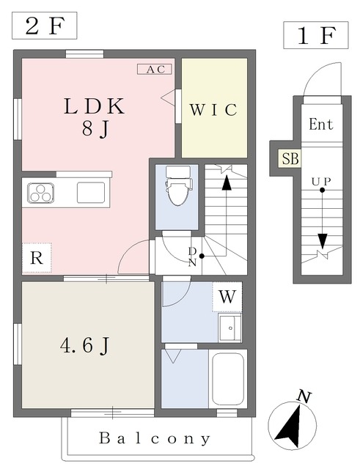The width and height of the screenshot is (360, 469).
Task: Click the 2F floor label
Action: (x=44, y=26)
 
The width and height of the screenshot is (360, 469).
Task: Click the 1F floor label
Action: (x=316, y=35)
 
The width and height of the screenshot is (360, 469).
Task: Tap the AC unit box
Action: (x=155, y=70)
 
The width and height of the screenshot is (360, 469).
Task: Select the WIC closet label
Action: (x=213, y=110)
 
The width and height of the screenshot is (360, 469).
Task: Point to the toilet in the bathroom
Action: (x=178, y=185)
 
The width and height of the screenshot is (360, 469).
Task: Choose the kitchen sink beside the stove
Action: (x=91, y=193)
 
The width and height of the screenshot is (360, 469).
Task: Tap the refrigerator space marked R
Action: (x=37, y=258)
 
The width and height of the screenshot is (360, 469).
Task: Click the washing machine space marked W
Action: (x=227, y=297)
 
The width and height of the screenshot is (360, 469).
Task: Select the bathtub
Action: (x=228, y=379)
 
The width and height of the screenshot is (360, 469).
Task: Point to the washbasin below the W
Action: (x=229, y=328)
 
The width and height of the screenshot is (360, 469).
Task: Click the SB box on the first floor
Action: (x=290, y=158)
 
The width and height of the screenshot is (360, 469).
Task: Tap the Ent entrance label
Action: (x=321, y=124)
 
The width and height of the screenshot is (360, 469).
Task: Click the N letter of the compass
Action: (x=304, y=396)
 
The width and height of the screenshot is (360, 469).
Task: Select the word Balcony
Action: (x=155, y=438)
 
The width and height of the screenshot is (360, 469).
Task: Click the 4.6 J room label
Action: (x=85, y=346)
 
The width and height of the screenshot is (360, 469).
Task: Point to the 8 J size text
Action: (x=95, y=130)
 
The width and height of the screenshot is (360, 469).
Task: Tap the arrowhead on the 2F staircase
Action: (x=227, y=182)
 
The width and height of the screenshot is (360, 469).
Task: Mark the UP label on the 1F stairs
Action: (x=321, y=181)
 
